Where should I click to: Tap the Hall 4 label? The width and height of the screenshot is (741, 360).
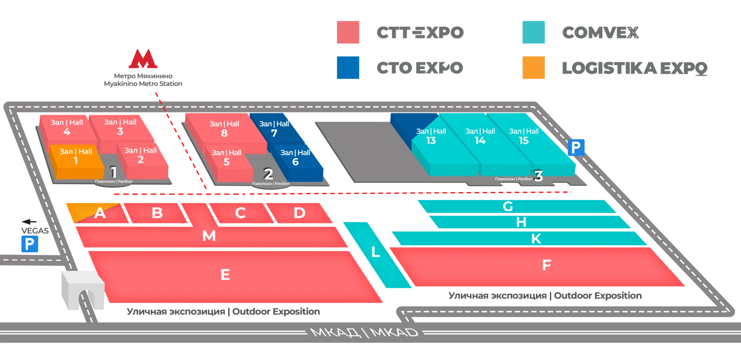pyautogui.click(x=67, y=127)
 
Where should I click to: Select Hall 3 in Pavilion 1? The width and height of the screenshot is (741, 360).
pyautogui.click(x=120, y=127)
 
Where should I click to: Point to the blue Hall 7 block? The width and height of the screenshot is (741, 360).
pyautogui.click(x=274, y=129)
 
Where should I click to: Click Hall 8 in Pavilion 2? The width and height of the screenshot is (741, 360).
pyautogui.click(x=224, y=129)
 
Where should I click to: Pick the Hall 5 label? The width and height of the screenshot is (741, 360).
pyautogui.click(x=226, y=157)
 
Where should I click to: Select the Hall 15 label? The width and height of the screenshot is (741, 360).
pyautogui.click(x=524, y=136)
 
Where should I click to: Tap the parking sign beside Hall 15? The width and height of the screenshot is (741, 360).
pyautogui.click(x=576, y=147)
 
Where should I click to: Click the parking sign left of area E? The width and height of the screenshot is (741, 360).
pyautogui.click(x=30, y=244)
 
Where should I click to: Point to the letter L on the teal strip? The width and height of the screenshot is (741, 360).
pyautogui.click(x=375, y=252)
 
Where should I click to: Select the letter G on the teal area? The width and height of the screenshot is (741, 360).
pyautogui.click(x=508, y=206)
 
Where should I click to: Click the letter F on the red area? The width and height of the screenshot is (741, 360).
pyautogui.click(x=546, y=265)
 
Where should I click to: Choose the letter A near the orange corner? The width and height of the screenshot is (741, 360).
pyautogui.click(x=100, y=213)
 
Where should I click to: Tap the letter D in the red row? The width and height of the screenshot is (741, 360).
pyautogui.click(x=299, y=213)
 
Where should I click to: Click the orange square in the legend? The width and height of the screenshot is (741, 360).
pyautogui.click(x=534, y=67)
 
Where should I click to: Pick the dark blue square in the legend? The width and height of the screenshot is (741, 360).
pyautogui.click(x=348, y=67)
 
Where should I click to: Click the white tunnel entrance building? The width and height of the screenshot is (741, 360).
pyautogui.click(x=82, y=289)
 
